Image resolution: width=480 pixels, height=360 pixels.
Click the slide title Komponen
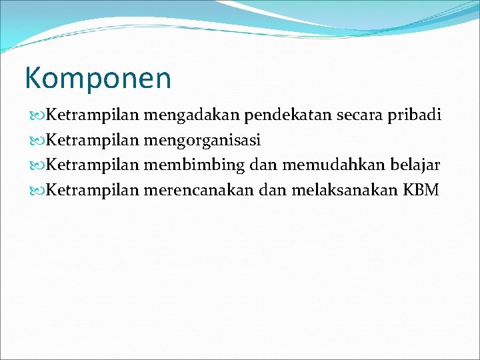(x=98, y=78)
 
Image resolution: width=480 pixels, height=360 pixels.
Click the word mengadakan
(x=191, y=116)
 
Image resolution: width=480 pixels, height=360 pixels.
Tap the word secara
(x=359, y=116)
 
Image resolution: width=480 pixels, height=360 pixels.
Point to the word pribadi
(x=415, y=116)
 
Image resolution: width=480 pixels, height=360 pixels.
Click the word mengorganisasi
(x=201, y=141)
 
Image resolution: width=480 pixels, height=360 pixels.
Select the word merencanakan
(x=199, y=190)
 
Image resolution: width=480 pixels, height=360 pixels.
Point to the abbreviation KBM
(x=421, y=190)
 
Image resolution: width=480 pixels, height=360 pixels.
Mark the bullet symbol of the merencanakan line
(x=37, y=191)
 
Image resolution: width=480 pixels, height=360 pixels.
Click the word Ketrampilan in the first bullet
(x=93, y=116)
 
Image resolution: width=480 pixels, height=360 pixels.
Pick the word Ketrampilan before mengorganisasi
(x=93, y=141)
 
